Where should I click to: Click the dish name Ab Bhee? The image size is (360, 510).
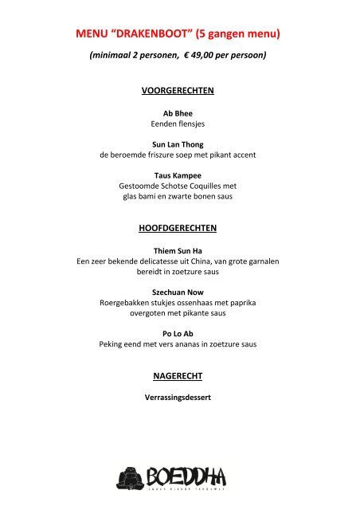pyautogui.click(x=178, y=114)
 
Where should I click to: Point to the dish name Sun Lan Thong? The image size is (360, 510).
pyautogui.click(x=178, y=144)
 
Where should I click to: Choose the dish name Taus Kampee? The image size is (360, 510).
pyautogui.click(x=178, y=175)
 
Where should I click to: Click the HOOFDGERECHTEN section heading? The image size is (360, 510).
pyautogui.click(x=178, y=228)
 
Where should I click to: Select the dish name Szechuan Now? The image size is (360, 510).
pyautogui.click(x=178, y=292)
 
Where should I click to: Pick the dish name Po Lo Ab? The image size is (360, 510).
pyautogui.click(x=178, y=334)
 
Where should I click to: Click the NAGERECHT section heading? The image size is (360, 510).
pyautogui.click(x=178, y=375)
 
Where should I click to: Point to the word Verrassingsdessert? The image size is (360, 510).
pyautogui.click(x=178, y=398)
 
